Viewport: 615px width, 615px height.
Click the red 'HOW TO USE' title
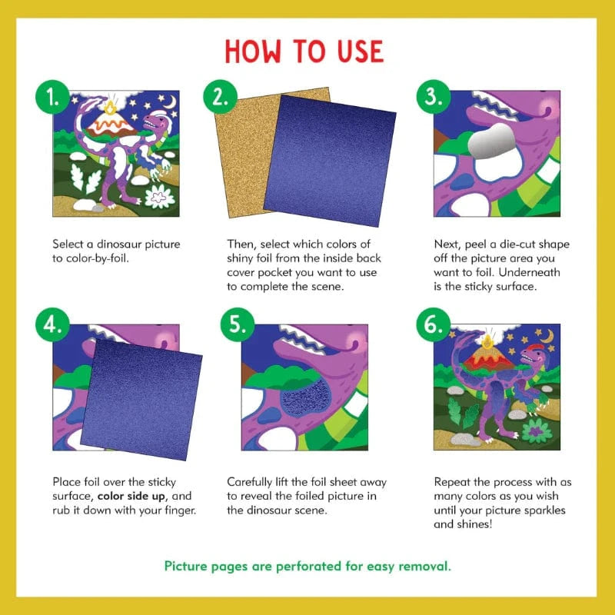click(304, 52)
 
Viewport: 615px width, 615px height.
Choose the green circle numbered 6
click(432, 327)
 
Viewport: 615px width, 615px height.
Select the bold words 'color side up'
click(134, 497)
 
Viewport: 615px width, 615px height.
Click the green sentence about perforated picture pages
click(307, 567)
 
